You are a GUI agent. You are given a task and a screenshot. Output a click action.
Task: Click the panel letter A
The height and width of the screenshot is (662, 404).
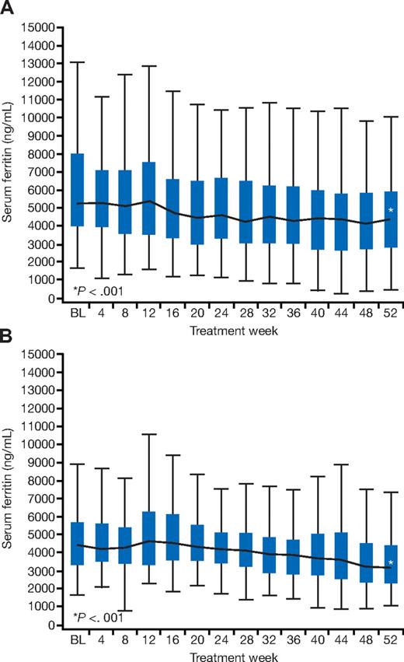(x=7, y=8)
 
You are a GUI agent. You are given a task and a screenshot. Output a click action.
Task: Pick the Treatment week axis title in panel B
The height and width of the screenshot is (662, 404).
(x=234, y=656)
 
